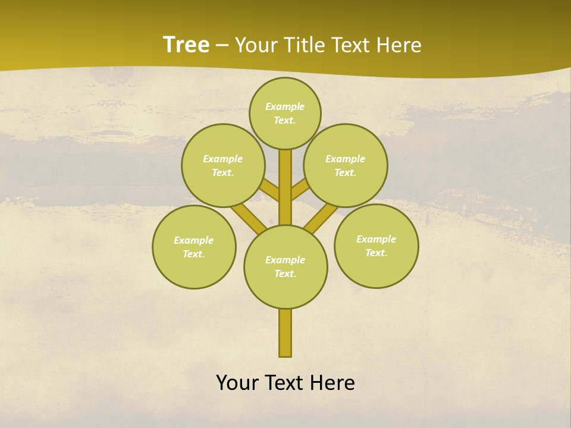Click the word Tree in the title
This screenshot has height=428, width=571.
pos(186,45)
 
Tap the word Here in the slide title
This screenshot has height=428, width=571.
pos(399,45)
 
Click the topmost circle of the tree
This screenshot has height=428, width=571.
pos(285,113)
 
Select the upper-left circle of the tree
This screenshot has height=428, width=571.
pos(223,165)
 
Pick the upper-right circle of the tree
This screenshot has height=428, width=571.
pos(346,165)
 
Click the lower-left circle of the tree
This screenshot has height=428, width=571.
pos(194,247)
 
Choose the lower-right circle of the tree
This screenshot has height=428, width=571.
pos(376,246)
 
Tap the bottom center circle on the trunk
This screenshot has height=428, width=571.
pos(285,266)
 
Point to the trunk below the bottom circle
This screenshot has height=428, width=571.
pos(285,333)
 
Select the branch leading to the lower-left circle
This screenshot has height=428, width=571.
pos(249,217)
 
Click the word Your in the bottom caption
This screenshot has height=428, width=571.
pos(237,383)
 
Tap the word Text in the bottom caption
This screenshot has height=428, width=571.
pos(284,383)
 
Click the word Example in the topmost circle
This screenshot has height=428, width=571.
pos(285,106)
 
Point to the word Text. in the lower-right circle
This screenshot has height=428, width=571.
pos(376,253)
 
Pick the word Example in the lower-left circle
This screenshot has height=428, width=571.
pos(194,240)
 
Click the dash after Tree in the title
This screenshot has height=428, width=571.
pos(222,46)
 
